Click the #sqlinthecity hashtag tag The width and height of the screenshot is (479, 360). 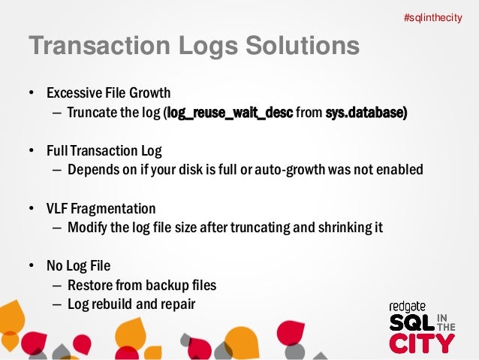pyautogui.click(x=432, y=17)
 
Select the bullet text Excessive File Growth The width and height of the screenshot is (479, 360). pyautogui.click(x=109, y=94)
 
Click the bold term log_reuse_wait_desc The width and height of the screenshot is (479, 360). pyautogui.click(x=230, y=113)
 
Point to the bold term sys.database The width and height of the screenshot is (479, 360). pyautogui.click(x=366, y=113)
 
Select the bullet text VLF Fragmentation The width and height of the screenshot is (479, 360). pyautogui.click(x=101, y=208)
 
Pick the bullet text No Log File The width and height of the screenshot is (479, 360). pyautogui.click(x=77, y=266)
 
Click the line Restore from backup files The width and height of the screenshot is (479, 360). pyautogui.click(x=141, y=286)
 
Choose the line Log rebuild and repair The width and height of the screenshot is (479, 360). pyautogui.click(x=131, y=305)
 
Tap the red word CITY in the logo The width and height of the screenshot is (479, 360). pyautogui.click(x=421, y=343)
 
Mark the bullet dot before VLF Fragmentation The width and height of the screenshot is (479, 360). pyautogui.click(x=32, y=209)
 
